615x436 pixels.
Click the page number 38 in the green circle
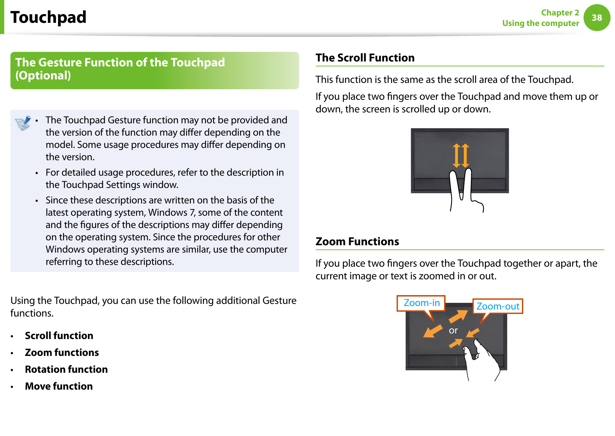tap(597, 18)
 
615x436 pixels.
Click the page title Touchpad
tap(49, 17)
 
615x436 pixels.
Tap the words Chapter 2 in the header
tap(560, 13)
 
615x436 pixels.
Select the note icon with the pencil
tap(23, 123)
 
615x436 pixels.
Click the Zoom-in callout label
tap(421, 303)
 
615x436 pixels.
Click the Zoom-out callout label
tap(498, 306)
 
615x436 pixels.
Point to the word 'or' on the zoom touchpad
tap(453, 331)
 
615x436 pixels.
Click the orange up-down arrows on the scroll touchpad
tap(461, 155)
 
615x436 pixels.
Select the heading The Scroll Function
tap(365, 58)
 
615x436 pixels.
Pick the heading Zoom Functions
tap(357, 242)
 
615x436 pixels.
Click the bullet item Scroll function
tap(59, 336)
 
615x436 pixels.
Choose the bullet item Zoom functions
tap(62, 352)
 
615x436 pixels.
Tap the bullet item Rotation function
tap(66, 369)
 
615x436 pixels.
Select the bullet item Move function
tap(59, 386)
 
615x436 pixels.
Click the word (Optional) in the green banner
tap(43, 76)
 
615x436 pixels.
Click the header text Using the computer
tap(540, 23)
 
